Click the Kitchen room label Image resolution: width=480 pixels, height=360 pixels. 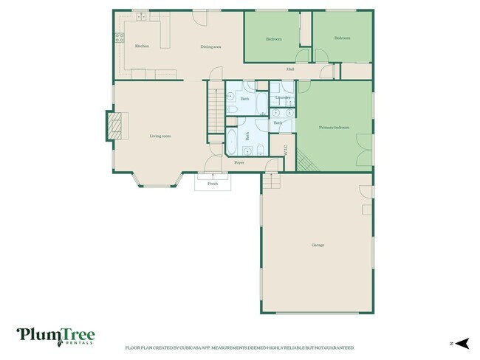coord(142,46)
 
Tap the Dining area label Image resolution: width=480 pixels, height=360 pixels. coord(211,47)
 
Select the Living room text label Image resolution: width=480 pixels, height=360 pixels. coord(160,136)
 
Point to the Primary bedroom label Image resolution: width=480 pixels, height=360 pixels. coord(334,128)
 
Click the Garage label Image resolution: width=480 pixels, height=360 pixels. coord(318,245)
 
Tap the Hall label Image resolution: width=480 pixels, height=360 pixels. coord(291,70)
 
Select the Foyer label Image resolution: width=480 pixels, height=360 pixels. coord(239,162)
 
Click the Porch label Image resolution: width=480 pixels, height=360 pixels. coord(213,184)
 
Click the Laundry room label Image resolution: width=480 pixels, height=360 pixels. coord(282,97)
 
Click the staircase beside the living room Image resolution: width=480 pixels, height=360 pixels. coord(215,111)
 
